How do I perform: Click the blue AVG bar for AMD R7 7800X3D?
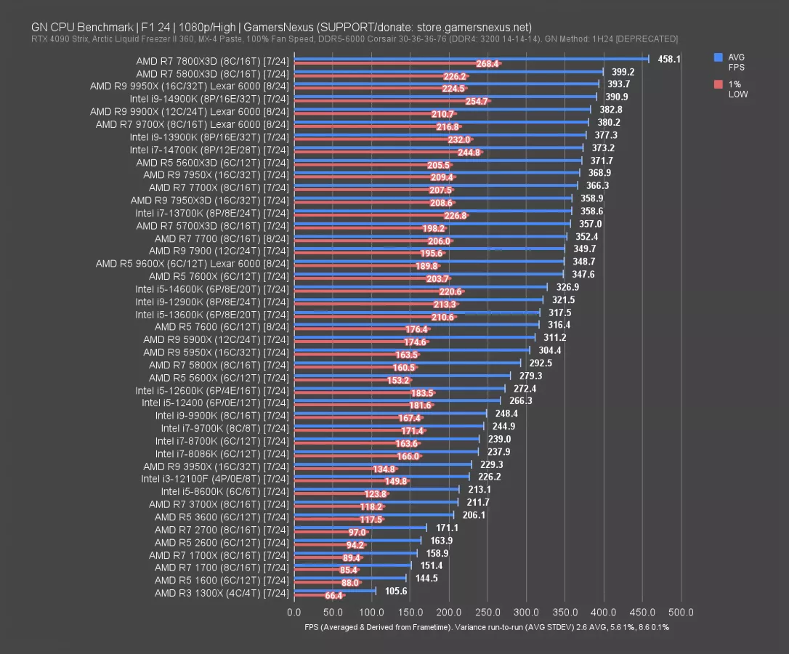pos(472,59)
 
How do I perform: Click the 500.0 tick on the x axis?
pos(681,612)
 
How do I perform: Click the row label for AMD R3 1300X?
pos(222,593)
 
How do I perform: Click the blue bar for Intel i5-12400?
pos(397,400)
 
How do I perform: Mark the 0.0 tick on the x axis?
pos(295,612)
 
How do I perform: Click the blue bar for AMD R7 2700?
pos(360,528)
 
